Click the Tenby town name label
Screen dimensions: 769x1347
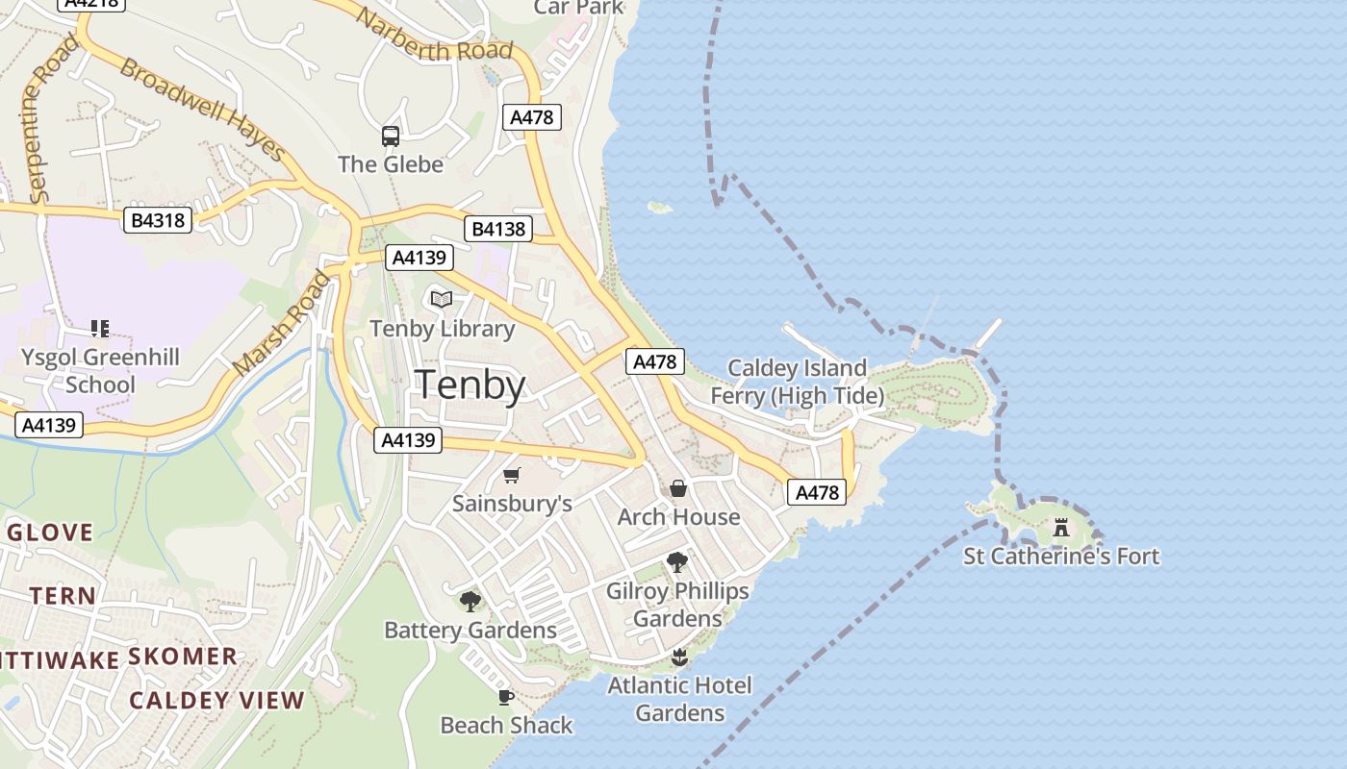(x=470, y=384)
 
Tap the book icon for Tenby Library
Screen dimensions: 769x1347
(x=442, y=300)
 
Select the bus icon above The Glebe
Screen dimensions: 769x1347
(x=391, y=136)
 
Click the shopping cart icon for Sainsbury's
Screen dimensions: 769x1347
(x=512, y=476)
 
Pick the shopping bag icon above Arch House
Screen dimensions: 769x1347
(x=678, y=488)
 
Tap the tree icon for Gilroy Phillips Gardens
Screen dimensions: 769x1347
(x=677, y=562)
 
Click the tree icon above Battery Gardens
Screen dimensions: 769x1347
(x=470, y=602)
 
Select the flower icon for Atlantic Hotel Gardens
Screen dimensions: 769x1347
(x=679, y=657)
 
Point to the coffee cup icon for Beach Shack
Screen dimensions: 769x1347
(x=506, y=697)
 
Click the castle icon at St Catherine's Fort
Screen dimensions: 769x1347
(x=1061, y=528)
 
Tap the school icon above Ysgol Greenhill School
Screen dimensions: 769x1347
(x=100, y=329)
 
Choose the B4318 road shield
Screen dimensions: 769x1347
(x=159, y=221)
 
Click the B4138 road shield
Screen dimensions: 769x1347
(x=498, y=229)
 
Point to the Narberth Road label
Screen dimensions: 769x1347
(x=433, y=35)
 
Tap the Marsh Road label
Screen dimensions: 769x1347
(x=281, y=324)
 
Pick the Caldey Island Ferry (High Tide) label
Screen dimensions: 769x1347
(x=797, y=382)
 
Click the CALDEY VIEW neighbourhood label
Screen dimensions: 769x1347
(x=216, y=700)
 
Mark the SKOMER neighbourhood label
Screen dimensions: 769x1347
(x=183, y=657)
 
